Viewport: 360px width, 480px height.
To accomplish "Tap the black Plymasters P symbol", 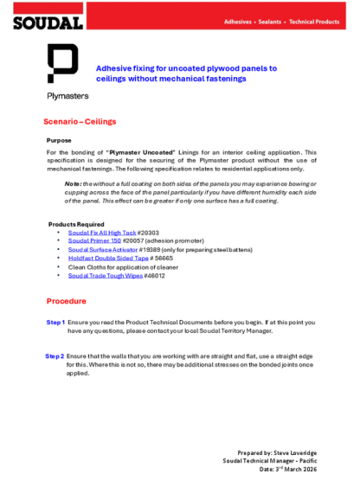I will (62, 65).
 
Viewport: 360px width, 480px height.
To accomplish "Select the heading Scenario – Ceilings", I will (80, 122).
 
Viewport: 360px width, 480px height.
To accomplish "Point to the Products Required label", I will (76, 225).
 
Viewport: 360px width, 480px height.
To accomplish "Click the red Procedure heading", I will (66, 301).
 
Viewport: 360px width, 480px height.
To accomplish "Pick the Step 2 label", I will (55, 356).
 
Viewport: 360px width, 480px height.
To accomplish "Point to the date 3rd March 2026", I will (316, 468).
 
